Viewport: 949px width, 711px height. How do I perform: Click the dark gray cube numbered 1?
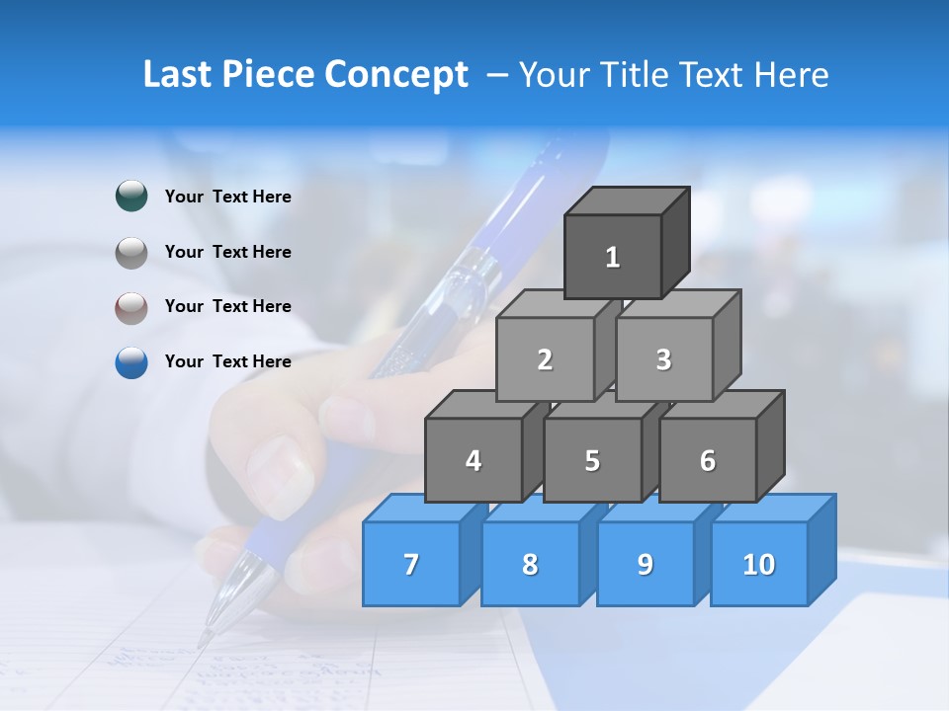[x=613, y=257]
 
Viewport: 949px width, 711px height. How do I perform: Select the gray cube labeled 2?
[x=545, y=359]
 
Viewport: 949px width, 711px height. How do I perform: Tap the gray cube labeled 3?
[x=663, y=359]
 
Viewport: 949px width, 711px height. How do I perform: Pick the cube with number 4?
[x=474, y=460]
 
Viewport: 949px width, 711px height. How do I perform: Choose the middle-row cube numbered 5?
[x=592, y=460]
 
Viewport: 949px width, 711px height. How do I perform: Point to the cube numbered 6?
[x=708, y=460]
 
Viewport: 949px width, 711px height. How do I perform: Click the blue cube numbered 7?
[x=411, y=564]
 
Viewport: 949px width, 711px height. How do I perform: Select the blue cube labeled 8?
[x=530, y=564]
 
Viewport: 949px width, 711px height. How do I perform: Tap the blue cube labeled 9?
[x=646, y=564]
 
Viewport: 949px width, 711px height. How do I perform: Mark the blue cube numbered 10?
[x=759, y=564]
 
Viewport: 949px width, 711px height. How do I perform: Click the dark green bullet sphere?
[x=131, y=197]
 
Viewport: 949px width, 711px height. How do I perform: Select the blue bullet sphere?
[x=131, y=362]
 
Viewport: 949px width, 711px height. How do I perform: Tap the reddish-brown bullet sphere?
[x=131, y=308]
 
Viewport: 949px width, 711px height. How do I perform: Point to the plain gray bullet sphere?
[x=131, y=253]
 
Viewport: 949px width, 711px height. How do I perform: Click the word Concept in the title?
[x=396, y=75]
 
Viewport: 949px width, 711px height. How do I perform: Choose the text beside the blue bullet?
[x=228, y=361]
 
